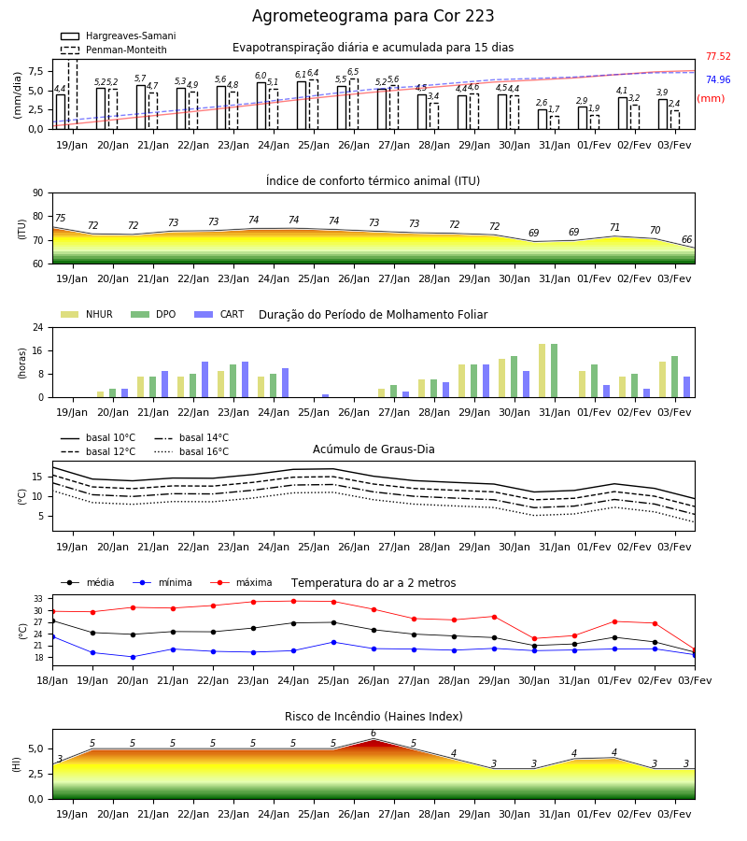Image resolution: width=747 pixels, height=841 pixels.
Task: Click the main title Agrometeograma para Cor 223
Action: point(373,16)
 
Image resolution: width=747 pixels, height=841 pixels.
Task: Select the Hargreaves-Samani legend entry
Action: point(119,36)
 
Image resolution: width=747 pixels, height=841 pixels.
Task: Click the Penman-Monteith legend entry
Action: point(114,50)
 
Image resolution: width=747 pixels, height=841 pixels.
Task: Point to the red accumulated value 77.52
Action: point(718,56)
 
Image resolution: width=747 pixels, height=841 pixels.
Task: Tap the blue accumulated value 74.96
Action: point(718,80)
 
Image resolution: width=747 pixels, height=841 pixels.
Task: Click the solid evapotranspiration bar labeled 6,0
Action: point(261,106)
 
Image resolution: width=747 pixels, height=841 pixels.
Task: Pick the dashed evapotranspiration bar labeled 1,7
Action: point(555,122)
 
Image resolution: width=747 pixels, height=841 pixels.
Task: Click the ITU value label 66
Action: point(686,240)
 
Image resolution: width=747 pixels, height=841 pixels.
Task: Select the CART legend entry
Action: point(219,314)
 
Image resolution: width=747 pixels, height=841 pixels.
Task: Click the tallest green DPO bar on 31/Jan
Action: point(554,371)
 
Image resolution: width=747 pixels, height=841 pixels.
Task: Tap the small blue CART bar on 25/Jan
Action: point(325,396)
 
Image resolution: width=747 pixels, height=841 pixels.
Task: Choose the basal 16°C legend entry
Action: point(191,451)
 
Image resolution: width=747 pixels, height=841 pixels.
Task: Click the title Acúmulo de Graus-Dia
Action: point(373,449)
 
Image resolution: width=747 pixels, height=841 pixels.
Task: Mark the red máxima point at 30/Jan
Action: point(534,639)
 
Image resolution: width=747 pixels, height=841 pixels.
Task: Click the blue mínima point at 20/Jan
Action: point(133,657)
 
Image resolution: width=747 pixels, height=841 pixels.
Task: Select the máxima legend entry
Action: point(241,582)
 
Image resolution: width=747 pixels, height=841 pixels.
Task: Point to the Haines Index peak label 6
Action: point(373,734)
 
